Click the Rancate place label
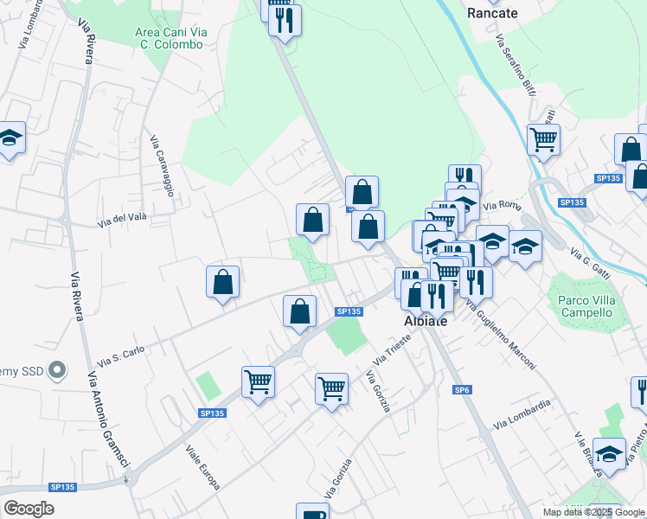[x=491, y=13]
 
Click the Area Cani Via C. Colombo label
[x=172, y=38]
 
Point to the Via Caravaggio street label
[x=163, y=166]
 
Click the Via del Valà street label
[x=120, y=220]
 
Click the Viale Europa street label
[x=202, y=468]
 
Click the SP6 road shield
[x=462, y=391]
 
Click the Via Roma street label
[x=499, y=205]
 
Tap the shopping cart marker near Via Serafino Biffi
[x=543, y=138]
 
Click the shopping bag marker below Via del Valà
[x=223, y=281]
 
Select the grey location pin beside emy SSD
[x=57, y=370]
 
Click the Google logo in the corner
[x=29, y=509]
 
